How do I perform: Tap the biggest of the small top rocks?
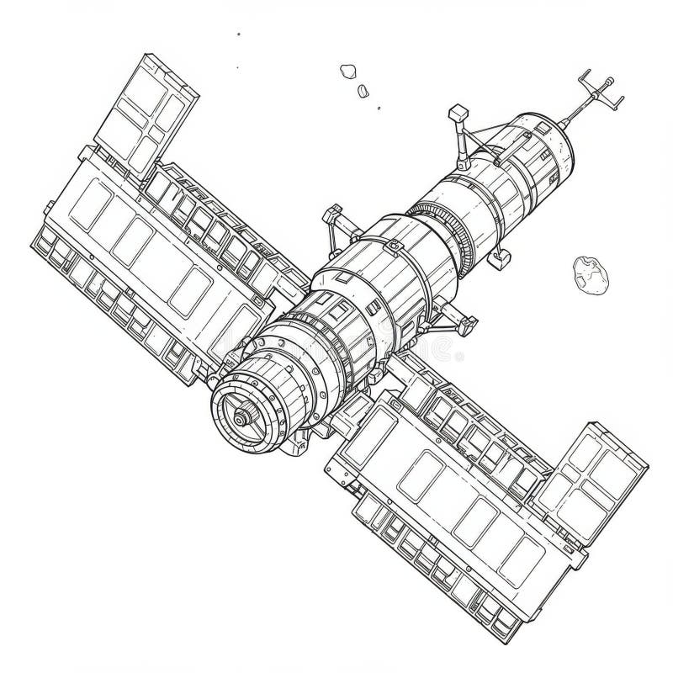347,72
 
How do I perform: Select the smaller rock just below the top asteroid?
363,91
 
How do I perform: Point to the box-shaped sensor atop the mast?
458,112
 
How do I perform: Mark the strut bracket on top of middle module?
336,222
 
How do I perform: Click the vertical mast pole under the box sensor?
462,139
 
